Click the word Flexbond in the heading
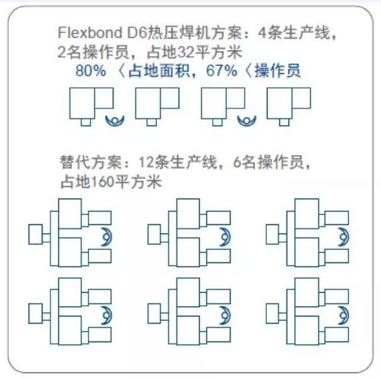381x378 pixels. click(x=90, y=32)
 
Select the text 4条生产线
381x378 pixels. click(x=294, y=32)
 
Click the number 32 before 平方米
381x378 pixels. click(x=187, y=52)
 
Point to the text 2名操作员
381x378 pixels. click(x=93, y=52)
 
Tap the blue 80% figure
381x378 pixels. click(x=91, y=71)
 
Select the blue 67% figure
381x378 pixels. click(x=221, y=71)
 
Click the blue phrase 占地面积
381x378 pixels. click(x=159, y=71)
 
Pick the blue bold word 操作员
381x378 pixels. click(x=278, y=71)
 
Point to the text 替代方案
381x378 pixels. click(x=91, y=162)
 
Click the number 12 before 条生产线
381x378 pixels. click(x=147, y=162)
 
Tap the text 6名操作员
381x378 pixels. click(x=268, y=162)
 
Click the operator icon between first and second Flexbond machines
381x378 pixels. click(x=115, y=121)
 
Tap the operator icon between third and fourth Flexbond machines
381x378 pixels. click(x=247, y=121)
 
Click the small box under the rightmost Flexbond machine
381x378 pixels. click(x=284, y=122)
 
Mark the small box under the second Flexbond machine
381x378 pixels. click(x=152, y=122)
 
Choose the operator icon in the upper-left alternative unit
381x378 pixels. click(x=108, y=237)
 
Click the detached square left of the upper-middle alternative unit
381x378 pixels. click(x=155, y=234)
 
